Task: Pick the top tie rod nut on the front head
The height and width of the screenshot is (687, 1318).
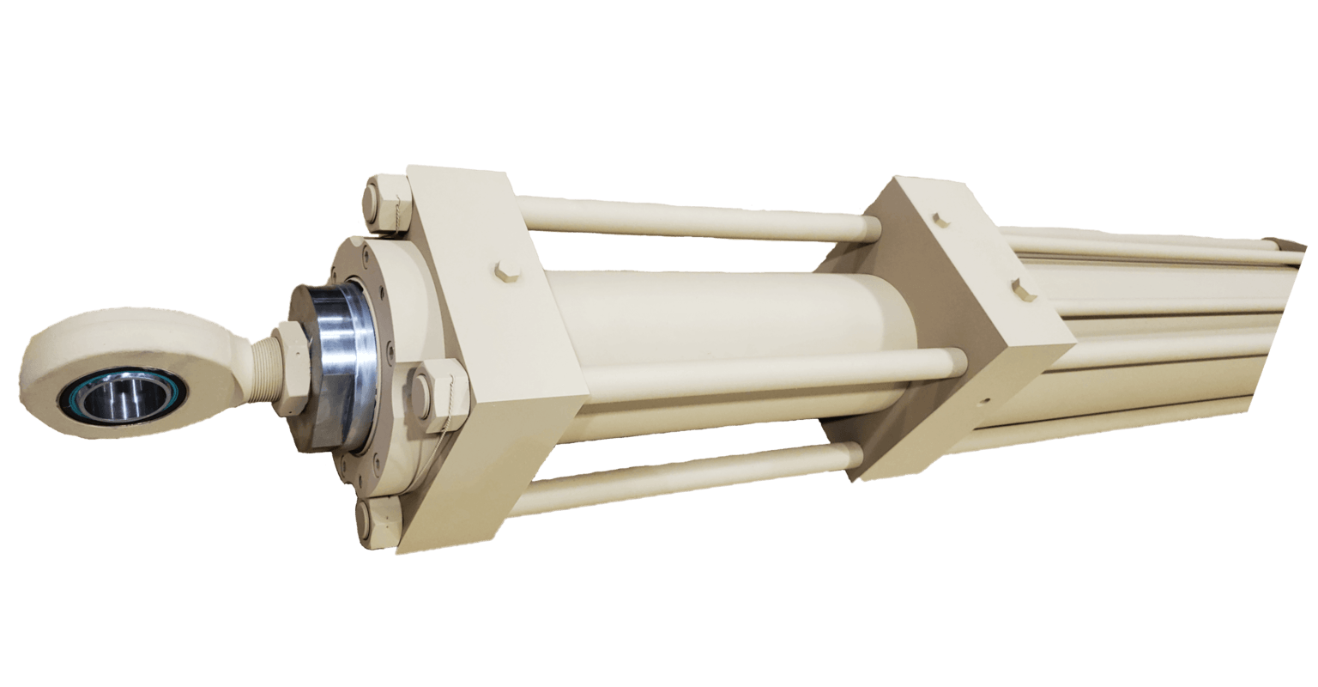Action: point(387,203)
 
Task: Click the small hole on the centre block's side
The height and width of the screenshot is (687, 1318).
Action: point(987,399)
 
